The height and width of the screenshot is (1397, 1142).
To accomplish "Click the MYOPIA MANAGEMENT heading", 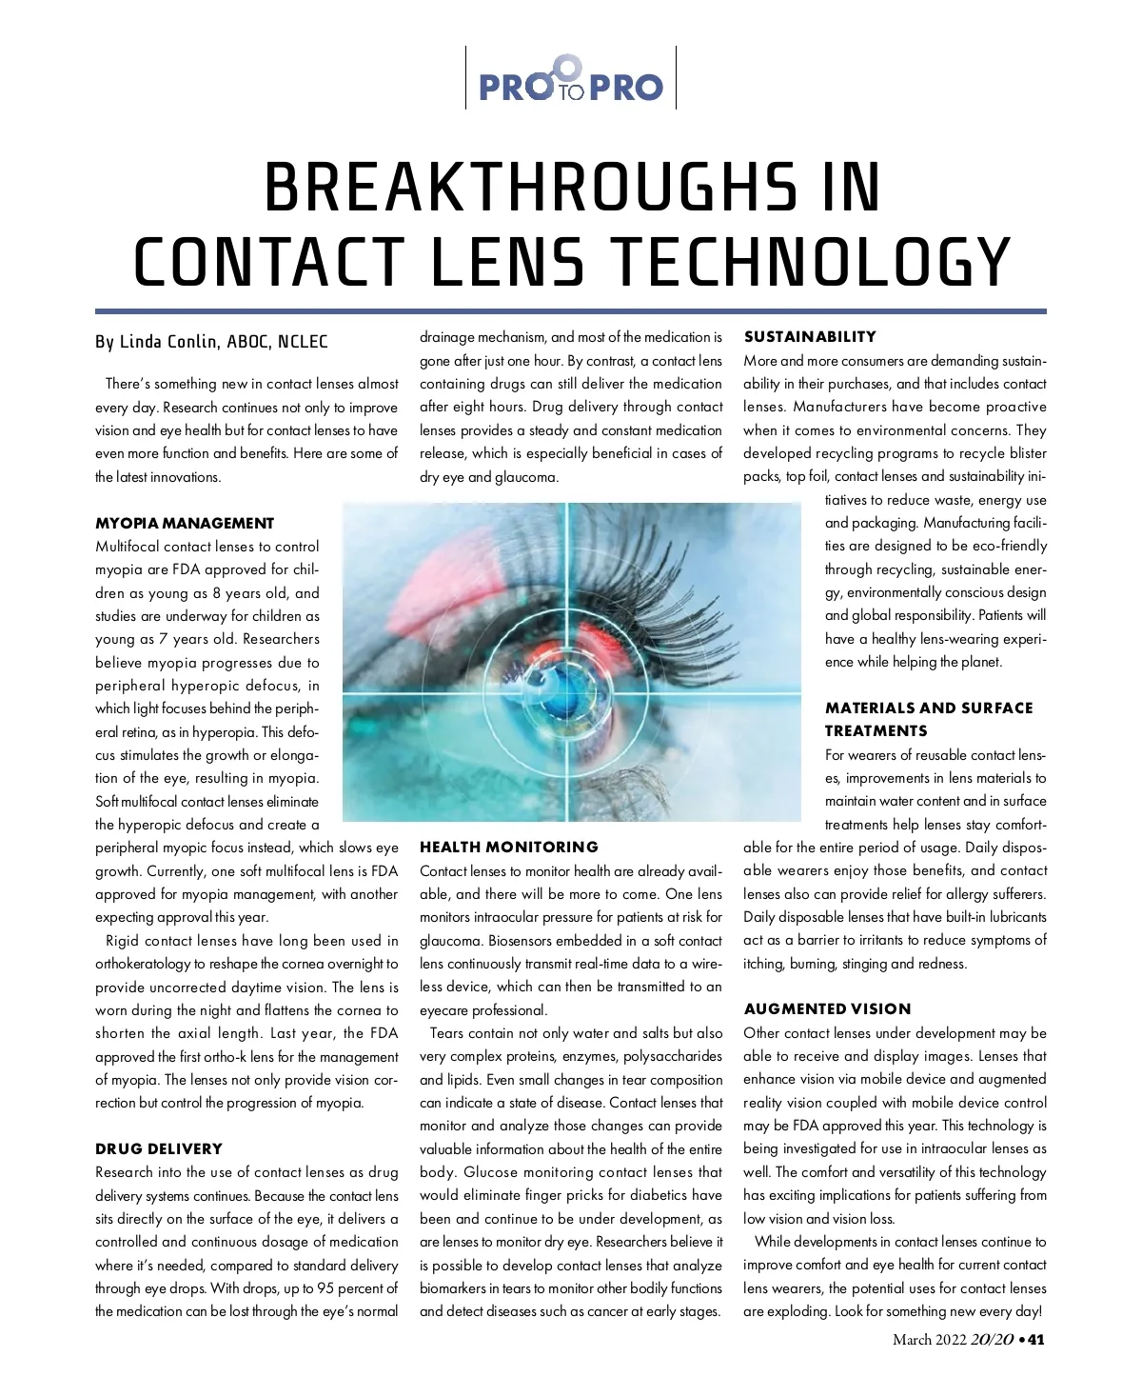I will pyautogui.click(x=185, y=523).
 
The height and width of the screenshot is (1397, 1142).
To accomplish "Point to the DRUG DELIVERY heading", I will pyautogui.click(x=159, y=1148).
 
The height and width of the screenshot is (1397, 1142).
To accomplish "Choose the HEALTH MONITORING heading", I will pyautogui.click(x=509, y=847).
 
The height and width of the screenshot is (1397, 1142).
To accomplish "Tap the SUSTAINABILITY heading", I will pyautogui.click(x=810, y=336).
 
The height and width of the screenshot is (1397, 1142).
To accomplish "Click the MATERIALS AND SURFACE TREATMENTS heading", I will pyautogui.click(x=928, y=719).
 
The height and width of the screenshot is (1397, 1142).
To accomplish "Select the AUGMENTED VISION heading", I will pyautogui.click(x=827, y=1008).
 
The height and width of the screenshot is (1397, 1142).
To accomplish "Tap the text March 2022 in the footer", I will pyautogui.click(x=929, y=1340).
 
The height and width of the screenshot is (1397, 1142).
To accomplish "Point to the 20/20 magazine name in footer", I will pyautogui.click(x=992, y=1340).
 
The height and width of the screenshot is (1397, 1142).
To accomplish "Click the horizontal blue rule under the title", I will pyautogui.click(x=571, y=310).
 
